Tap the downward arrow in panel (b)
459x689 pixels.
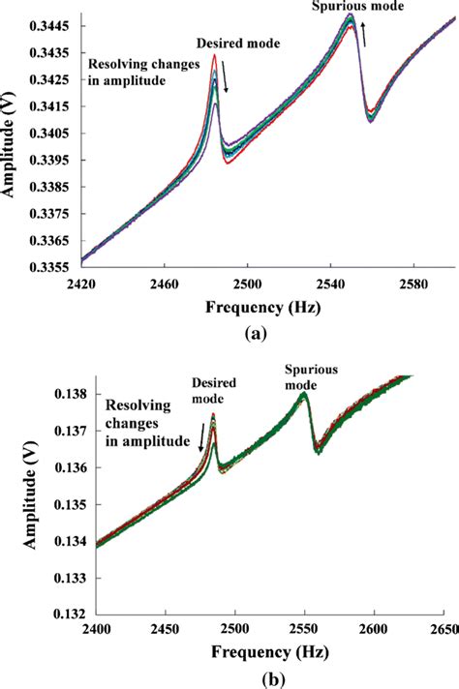200,440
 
